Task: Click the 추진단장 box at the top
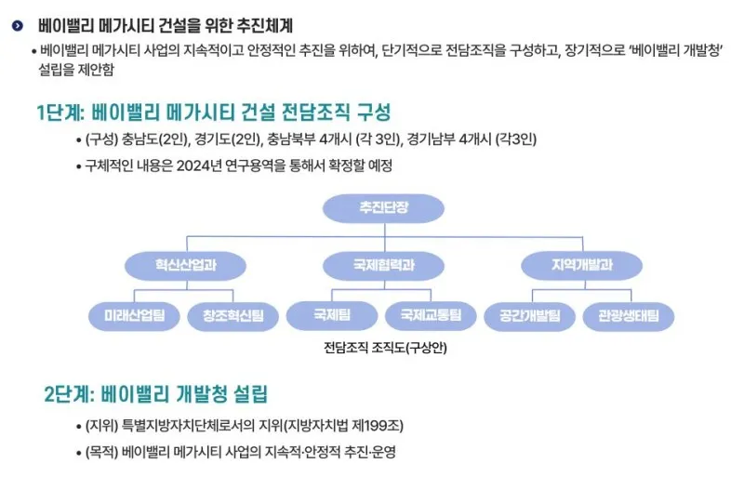(383, 208)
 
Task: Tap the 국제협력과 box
(383, 265)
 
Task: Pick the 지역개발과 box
(581, 265)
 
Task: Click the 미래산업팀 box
(134, 316)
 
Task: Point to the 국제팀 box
(332, 316)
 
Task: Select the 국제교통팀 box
(432, 316)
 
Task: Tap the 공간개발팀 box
(530, 316)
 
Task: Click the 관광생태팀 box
(629, 316)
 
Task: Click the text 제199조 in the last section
(377, 426)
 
